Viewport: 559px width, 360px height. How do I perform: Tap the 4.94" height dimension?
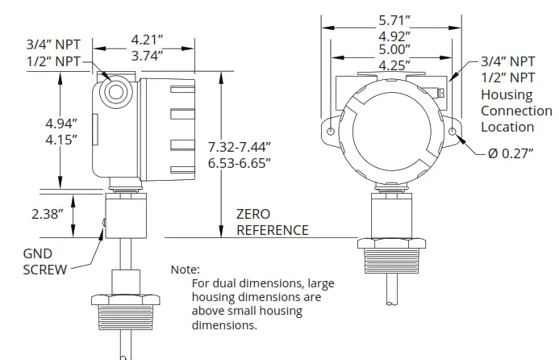[61, 123]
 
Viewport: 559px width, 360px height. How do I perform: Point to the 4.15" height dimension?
[61, 140]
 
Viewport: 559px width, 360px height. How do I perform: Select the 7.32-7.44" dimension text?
[239, 146]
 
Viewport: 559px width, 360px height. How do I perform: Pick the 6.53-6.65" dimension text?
[239, 163]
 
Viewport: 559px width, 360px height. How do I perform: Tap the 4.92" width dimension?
[394, 36]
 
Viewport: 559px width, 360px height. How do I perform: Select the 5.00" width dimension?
[394, 50]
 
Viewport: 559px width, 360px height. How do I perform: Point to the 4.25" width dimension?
[394, 64]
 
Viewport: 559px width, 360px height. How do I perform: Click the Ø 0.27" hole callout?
[511, 154]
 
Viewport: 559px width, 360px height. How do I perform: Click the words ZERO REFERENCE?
[272, 222]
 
